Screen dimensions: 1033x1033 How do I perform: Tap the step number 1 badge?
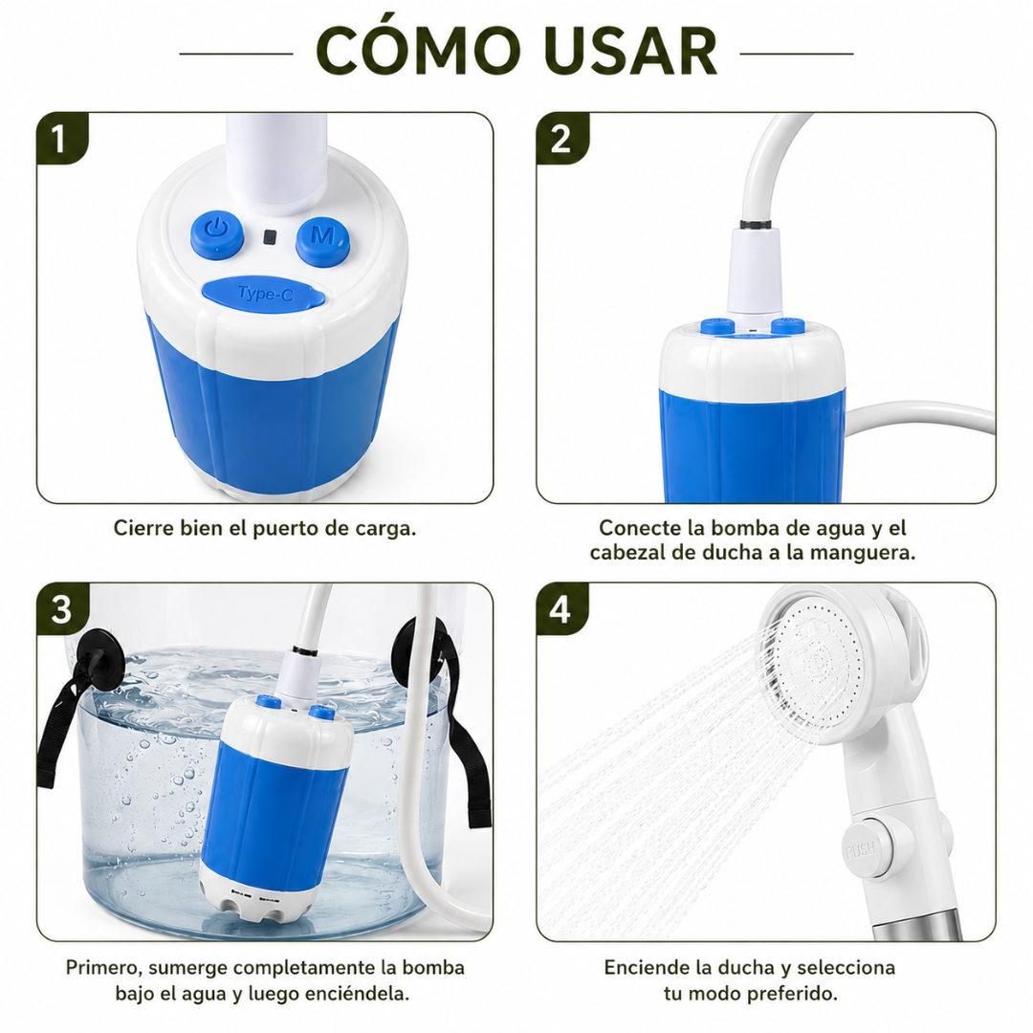pyautogui.click(x=61, y=139)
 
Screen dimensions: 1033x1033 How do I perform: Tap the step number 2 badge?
pyautogui.click(x=562, y=139)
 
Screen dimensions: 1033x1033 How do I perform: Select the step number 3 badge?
pyautogui.click(x=62, y=609)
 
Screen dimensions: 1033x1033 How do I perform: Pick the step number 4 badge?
pyautogui.click(x=561, y=609)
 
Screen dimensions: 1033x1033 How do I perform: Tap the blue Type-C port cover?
pyautogui.click(x=264, y=294)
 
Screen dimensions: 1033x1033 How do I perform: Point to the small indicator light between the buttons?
pyautogui.click(x=270, y=236)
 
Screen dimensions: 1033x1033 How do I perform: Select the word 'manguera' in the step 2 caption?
pyautogui.click(x=863, y=552)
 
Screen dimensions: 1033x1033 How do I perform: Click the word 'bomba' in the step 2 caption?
pyautogui.click(x=744, y=528)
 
